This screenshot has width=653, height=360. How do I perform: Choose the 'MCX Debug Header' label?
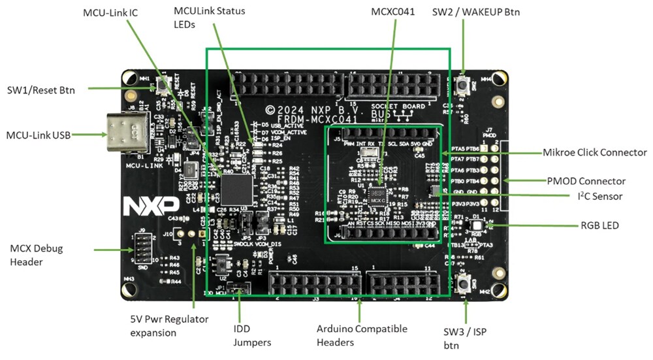(37, 254)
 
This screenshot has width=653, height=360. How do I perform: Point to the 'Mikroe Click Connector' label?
(595, 152)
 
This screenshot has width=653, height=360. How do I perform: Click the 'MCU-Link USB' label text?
(38, 135)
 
